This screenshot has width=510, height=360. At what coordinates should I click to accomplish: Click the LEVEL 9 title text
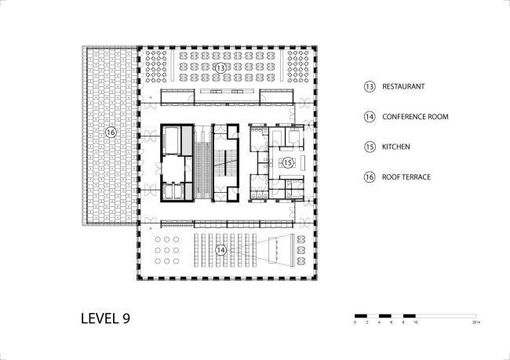105,318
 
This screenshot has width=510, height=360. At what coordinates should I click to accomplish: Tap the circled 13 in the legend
370,87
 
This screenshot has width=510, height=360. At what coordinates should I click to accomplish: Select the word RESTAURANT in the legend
403,87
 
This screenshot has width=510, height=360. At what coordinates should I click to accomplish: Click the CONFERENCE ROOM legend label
415,117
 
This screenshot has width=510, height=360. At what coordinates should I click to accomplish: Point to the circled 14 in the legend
370,117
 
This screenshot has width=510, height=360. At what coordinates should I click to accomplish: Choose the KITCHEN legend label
397,147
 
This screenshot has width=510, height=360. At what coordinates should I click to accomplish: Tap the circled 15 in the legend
370,147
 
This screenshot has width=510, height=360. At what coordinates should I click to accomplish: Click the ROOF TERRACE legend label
406,176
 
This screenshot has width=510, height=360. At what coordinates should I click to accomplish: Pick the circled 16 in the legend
370,176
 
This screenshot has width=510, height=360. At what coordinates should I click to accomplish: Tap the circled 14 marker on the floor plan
220,250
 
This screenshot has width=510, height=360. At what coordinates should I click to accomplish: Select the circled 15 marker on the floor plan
287,162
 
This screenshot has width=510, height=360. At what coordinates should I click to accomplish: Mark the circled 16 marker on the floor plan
111,133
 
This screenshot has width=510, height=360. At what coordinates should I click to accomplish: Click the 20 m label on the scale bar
475,322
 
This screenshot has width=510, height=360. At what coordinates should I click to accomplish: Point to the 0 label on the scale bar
355,322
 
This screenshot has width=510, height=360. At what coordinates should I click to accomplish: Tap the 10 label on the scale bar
415,322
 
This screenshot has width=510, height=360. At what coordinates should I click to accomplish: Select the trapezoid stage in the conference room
279,249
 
